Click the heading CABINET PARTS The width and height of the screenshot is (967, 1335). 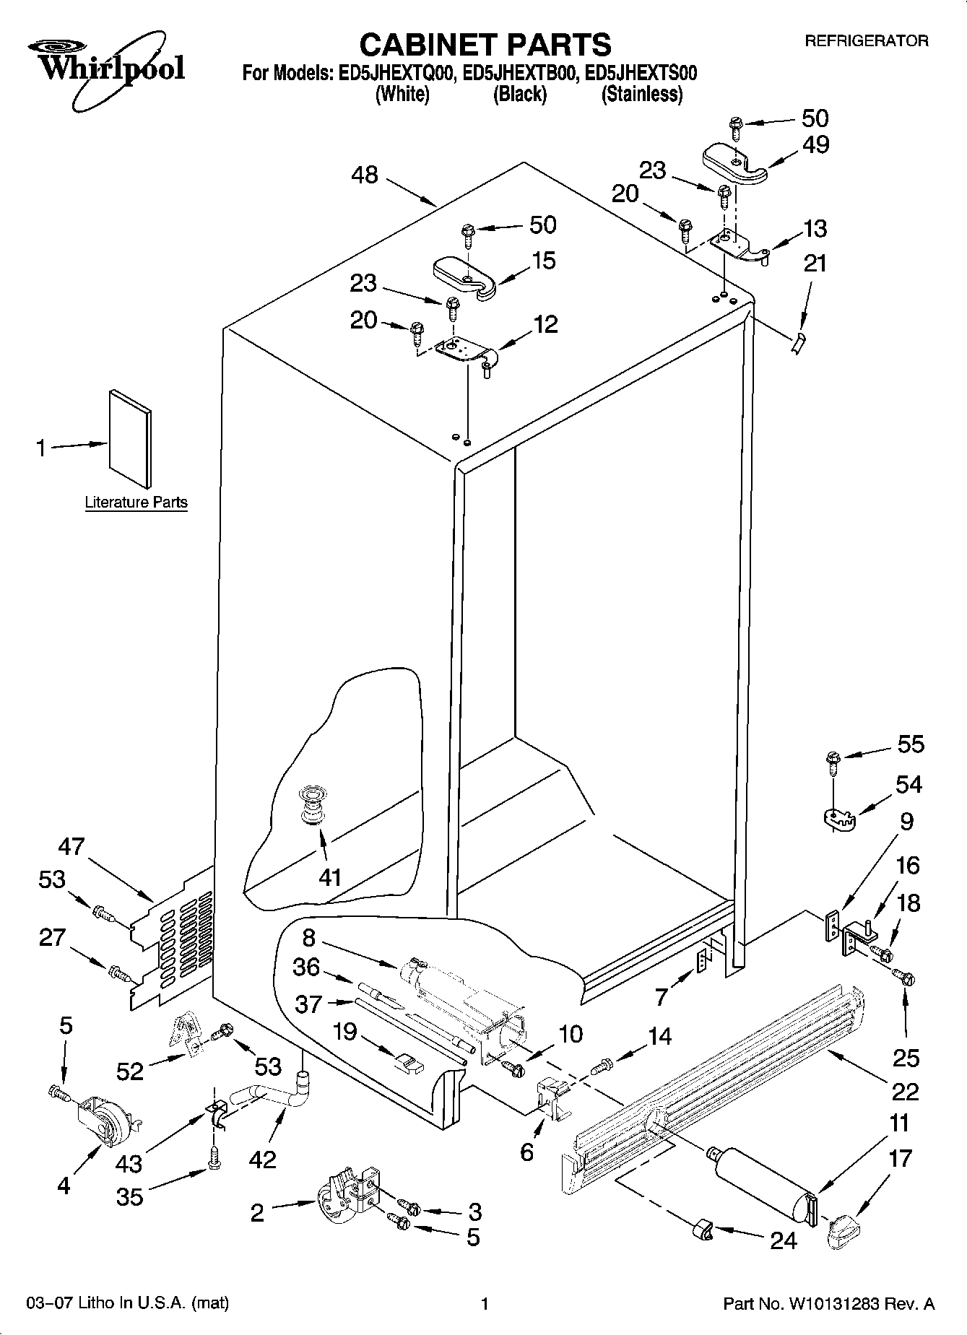pyautogui.click(x=485, y=45)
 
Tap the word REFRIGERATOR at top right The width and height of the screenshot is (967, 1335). pyautogui.click(x=866, y=41)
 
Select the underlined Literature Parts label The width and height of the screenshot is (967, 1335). pyautogui.click(x=136, y=502)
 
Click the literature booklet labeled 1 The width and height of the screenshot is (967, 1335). pyautogui.click(x=130, y=438)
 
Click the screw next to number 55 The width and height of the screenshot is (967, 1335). pyautogui.click(x=832, y=759)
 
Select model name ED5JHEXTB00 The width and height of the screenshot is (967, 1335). pyautogui.click(x=519, y=72)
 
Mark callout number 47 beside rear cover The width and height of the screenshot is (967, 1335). pyautogui.click(x=71, y=846)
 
